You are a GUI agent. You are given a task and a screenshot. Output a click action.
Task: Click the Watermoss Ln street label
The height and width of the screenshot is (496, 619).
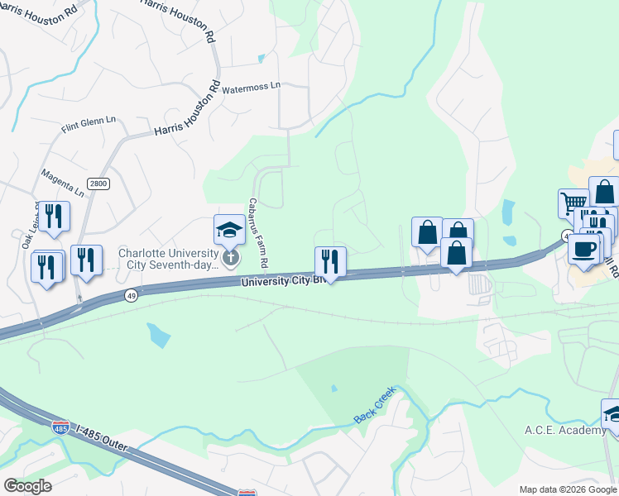(252, 86)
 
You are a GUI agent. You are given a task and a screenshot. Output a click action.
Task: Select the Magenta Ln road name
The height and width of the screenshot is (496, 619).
(63, 184)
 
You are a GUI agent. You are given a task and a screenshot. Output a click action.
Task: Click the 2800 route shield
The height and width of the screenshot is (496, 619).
(98, 184)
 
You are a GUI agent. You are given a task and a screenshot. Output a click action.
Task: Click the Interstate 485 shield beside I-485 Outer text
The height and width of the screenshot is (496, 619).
(60, 427)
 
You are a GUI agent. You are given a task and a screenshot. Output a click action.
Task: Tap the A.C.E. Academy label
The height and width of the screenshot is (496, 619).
(565, 430)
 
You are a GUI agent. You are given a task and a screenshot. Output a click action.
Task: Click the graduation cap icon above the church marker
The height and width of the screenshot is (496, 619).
(229, 229)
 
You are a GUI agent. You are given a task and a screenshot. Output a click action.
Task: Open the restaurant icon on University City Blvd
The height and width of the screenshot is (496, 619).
(330, 261)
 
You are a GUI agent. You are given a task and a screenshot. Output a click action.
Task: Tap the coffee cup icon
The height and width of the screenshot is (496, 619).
(583, 249)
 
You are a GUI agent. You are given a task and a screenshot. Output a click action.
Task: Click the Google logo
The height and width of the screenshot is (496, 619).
(27, 485)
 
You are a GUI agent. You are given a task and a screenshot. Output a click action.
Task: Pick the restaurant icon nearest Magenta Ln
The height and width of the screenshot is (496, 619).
(54, 217)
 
